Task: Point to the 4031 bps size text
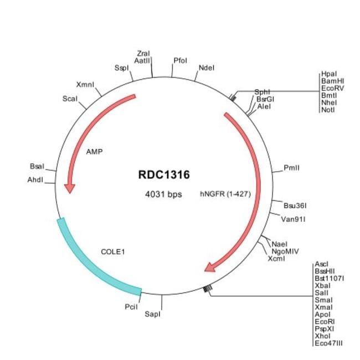click(x=163, y=194)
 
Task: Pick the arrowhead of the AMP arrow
click(x=69, y=188)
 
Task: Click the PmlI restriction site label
click(x=291, y=167)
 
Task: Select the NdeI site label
click(x=206, y=68)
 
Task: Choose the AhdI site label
click(x=35, y=179)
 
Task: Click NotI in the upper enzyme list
click(x=328, y=110)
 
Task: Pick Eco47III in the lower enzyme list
click(x=328, y=343)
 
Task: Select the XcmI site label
click(x=276, y=258)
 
